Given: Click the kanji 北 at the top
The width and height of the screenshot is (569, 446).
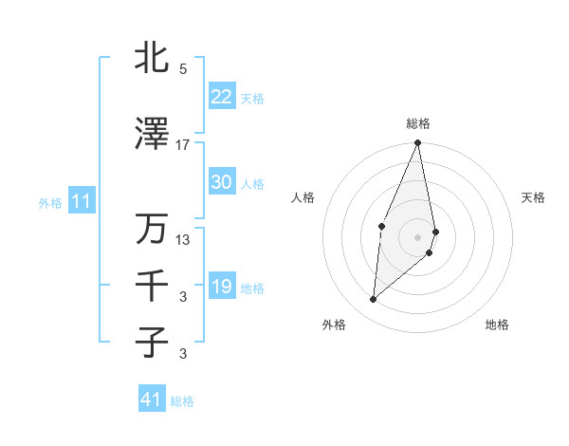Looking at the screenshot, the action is (152, 59).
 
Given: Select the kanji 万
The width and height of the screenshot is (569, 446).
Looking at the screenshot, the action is (152, 229).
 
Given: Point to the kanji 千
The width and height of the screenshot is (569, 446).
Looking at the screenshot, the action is (152, 286).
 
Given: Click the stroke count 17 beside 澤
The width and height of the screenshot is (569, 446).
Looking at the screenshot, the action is (183, 145).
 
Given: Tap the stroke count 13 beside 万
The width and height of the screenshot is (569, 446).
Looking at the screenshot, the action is (183, 240).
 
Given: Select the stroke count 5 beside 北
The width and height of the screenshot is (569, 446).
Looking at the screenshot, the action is (183, 69).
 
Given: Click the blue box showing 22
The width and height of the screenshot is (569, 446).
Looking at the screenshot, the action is (221, 97).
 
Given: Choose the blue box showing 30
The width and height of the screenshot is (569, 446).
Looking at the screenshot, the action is (221, 182).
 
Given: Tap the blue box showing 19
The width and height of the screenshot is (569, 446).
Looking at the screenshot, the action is (221, 287).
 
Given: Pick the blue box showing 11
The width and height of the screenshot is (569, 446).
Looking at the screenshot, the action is (81, 201).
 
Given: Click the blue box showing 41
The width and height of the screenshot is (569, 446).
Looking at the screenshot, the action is (151, 400).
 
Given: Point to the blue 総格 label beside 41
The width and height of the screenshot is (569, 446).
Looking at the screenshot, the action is (182, 401).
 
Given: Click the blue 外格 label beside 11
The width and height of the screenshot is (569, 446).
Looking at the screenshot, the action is (49, 202).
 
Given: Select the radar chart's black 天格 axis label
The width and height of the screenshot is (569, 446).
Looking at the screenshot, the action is (534, 197).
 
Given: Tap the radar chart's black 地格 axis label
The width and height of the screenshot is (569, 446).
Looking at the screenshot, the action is (497, 325).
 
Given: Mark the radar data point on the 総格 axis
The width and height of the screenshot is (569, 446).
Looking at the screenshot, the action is (417, 142).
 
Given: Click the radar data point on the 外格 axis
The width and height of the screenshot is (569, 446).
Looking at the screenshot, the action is (374, 300).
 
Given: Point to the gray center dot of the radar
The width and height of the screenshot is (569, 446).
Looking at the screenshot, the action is (417, 236).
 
